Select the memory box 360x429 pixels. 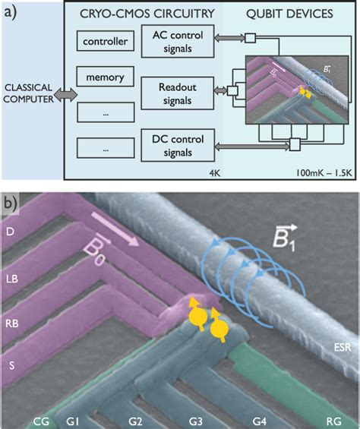pos(106,78)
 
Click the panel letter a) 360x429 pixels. pos(13,14)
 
